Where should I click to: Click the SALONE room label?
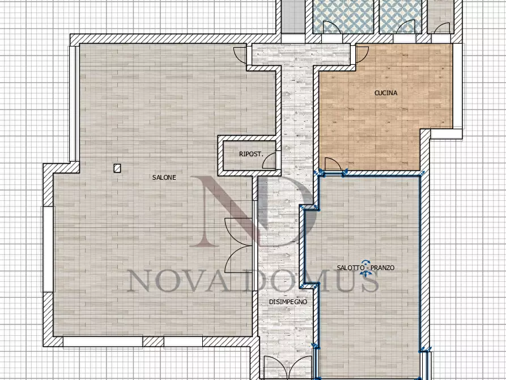(164, 178)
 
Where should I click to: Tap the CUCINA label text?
(386, 93)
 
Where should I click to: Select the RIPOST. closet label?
(251, 154)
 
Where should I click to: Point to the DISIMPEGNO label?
(288, 302)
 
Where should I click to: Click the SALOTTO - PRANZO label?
(365, 268)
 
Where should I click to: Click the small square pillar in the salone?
(117, 168)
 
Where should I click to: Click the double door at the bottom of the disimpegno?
(287, 367)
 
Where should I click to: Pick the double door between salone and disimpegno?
(239, 245)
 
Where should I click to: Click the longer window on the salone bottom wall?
(103, 341)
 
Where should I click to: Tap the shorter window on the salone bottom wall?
(183, 341)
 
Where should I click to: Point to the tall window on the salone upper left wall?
(74, 104)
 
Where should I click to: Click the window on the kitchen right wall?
(457, 86)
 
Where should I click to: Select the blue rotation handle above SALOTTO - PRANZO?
(365, 262)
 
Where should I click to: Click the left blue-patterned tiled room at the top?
(343, 16)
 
